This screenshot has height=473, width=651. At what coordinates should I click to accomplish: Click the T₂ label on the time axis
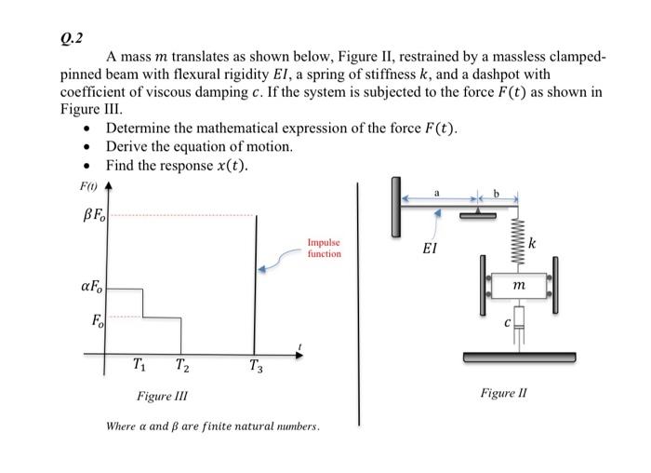183,365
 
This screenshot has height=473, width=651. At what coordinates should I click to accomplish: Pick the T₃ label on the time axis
255,366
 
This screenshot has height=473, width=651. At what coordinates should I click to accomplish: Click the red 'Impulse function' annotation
324,248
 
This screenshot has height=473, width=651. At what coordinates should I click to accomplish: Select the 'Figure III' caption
162,397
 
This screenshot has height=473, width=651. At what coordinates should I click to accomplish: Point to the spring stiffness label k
532,245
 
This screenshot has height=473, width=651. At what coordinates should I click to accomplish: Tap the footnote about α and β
213,426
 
